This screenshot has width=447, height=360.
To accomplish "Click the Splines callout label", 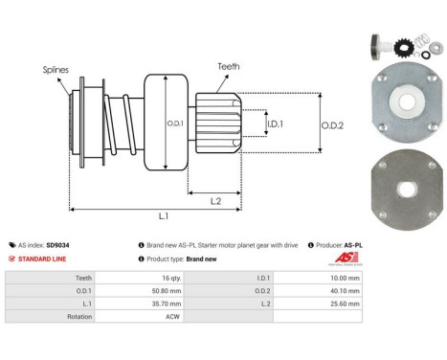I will coord(55,69).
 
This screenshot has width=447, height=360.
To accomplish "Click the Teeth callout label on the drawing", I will coord(229,66).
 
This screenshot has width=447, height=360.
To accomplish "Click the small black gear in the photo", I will coord(401,45).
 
